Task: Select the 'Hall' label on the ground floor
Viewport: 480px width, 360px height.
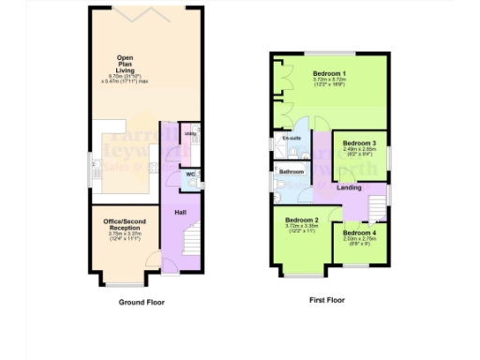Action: tap(179, 213)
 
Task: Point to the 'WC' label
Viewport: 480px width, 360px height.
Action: tap(189, 173)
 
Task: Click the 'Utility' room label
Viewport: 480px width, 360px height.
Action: tap(190, 134)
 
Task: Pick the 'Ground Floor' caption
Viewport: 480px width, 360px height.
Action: tap(142, 303)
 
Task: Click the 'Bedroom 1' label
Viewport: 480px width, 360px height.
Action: tap(330, 73)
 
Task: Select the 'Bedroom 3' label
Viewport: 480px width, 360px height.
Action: tap(361, 143)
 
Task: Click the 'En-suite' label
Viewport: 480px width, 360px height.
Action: tap(292, 138)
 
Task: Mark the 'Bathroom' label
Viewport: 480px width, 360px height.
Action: tap(291, 172)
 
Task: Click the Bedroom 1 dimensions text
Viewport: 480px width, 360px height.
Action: tap(330, 82)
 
